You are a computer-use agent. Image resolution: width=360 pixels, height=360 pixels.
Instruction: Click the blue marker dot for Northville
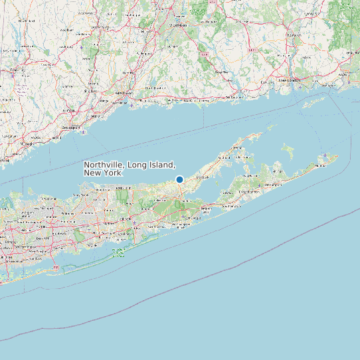point(179,179)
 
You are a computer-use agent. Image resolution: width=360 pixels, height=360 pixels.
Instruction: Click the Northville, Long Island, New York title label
point(130,168)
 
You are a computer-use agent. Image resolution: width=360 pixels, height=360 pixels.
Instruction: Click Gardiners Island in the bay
point(288,149)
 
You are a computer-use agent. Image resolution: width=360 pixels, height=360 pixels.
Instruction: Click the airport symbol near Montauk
point(324,156)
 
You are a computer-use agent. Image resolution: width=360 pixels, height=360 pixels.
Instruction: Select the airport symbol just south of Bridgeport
point(82,132)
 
